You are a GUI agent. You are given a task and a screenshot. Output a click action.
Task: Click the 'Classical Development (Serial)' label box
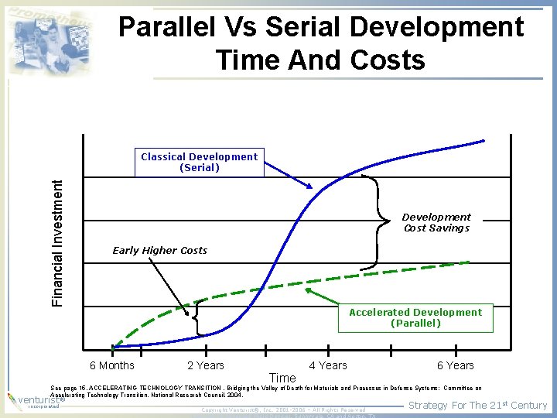[199, 162]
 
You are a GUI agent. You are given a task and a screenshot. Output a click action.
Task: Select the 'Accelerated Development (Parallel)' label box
[415, 317]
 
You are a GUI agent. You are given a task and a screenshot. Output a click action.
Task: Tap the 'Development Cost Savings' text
[436, 223]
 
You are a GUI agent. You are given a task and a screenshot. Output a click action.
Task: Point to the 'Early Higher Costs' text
[160, 250]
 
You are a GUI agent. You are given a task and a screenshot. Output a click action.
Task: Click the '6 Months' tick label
[112, 365]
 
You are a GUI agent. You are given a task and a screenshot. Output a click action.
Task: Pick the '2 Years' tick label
[206, 365]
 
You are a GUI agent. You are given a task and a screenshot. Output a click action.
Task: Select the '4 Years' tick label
[328, 365]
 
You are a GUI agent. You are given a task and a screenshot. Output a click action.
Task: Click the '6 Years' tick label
[456, 365]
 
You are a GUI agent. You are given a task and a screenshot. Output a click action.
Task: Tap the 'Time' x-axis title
[282, 378]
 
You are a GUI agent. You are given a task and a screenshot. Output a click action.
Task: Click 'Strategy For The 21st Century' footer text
[477, 405]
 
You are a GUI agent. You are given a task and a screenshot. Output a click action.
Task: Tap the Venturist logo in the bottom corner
[27, 400]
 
